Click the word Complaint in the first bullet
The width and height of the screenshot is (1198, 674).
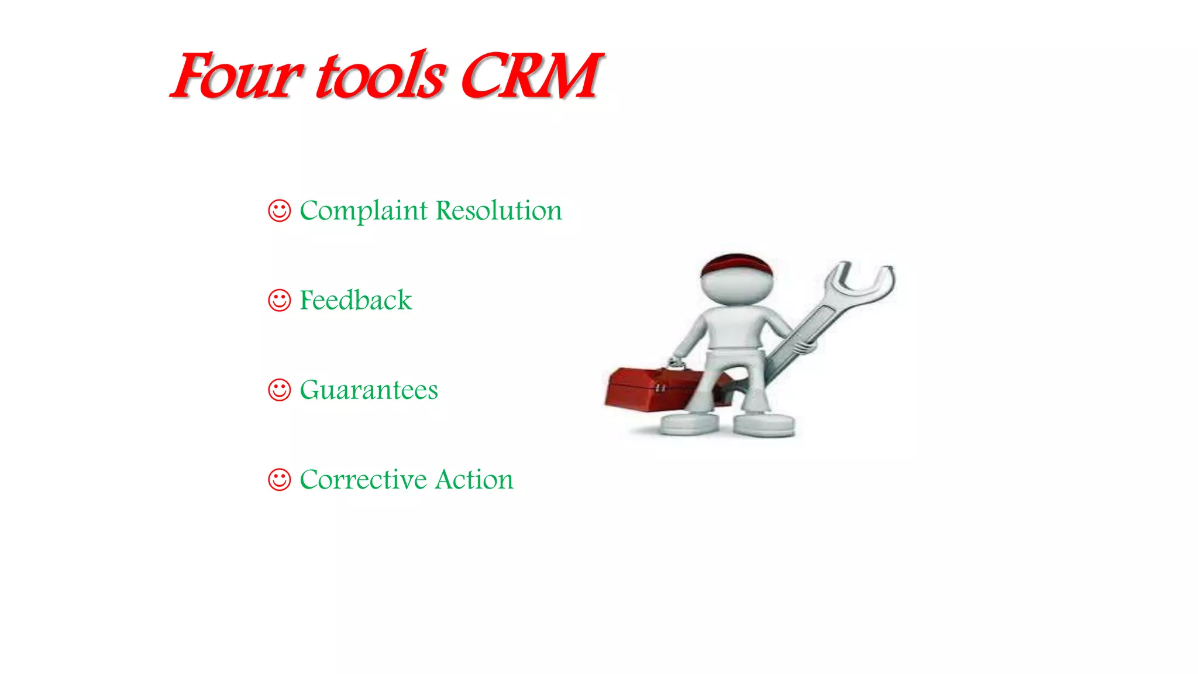(363, 211)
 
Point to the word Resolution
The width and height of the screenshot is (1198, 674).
(499, 211)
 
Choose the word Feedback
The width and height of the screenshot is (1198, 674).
(356, 300)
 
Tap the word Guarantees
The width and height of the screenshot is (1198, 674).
(369, 390)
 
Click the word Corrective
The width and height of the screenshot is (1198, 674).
(363, 480)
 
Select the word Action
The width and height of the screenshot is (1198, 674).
(474, 480)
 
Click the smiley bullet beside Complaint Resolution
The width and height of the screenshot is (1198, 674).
(279, 211)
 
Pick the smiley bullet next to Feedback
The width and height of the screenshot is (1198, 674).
(279, 300)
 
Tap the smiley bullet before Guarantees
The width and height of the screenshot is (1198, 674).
(279, 390)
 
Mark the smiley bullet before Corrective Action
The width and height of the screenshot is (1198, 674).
(279, 480)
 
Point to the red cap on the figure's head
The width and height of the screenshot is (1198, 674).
(736, 264)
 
